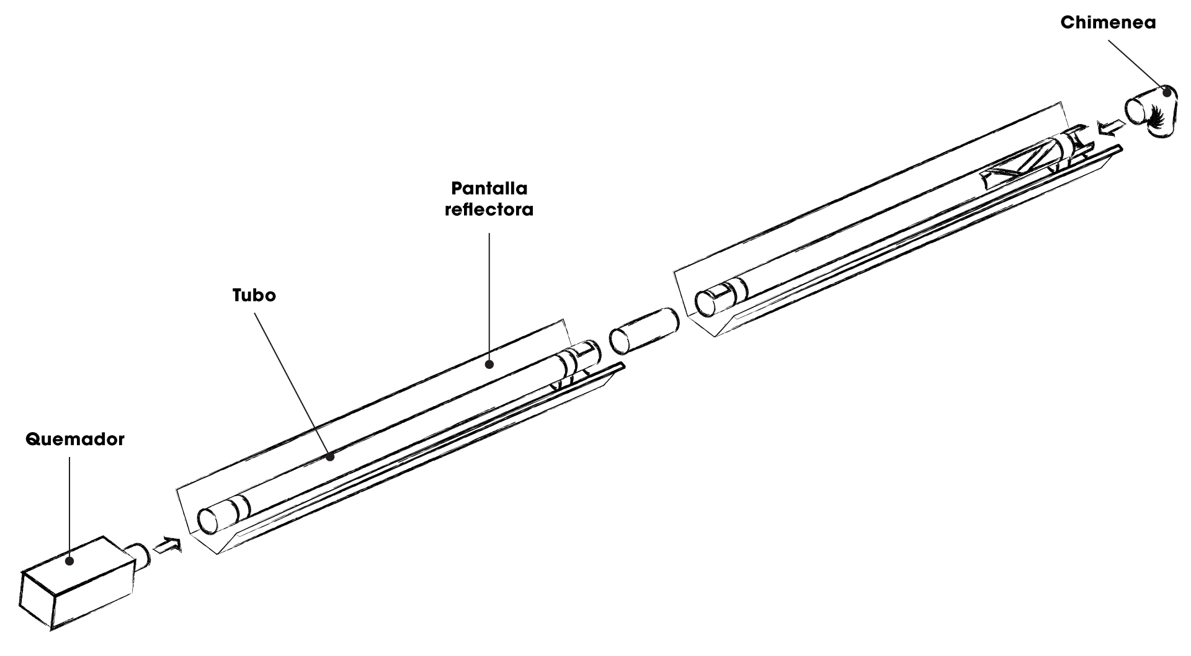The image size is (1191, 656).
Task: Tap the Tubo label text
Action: [x=254, y=295]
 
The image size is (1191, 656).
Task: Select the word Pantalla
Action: [x=489, y=188]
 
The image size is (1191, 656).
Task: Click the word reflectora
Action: [x=489, y=210]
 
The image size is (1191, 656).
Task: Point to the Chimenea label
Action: [x=1108, y=23]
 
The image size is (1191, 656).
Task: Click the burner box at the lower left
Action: [x=74, y=586]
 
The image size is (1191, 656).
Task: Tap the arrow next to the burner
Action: [x=167, y=546]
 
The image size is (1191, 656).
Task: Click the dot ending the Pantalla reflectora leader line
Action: [x=490, y=364]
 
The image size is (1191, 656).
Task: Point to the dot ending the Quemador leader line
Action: [x=70, y=561]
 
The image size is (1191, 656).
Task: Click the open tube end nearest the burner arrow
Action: [x=210, y=519]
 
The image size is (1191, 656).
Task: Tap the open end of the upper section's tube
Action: [x=707, y=303]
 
